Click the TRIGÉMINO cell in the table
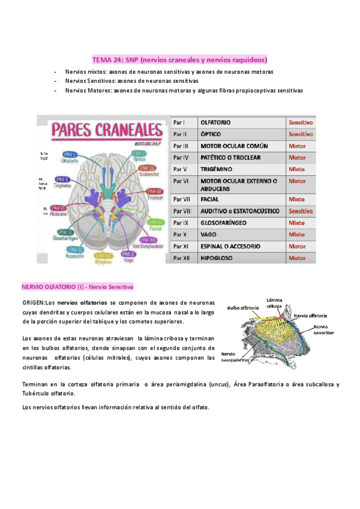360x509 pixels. (x=217, y=169)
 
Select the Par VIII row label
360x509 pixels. (x=182, y=211)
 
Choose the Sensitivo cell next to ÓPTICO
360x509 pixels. (x=300, y=134)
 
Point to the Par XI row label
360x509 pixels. (x=181, y=246)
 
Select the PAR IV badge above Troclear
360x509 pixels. (x=154, y=191)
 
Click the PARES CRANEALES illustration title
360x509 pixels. (x=106, y=130)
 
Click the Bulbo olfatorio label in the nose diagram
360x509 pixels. (x=243, y=307)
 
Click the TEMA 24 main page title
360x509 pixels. (x=179, y=60)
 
